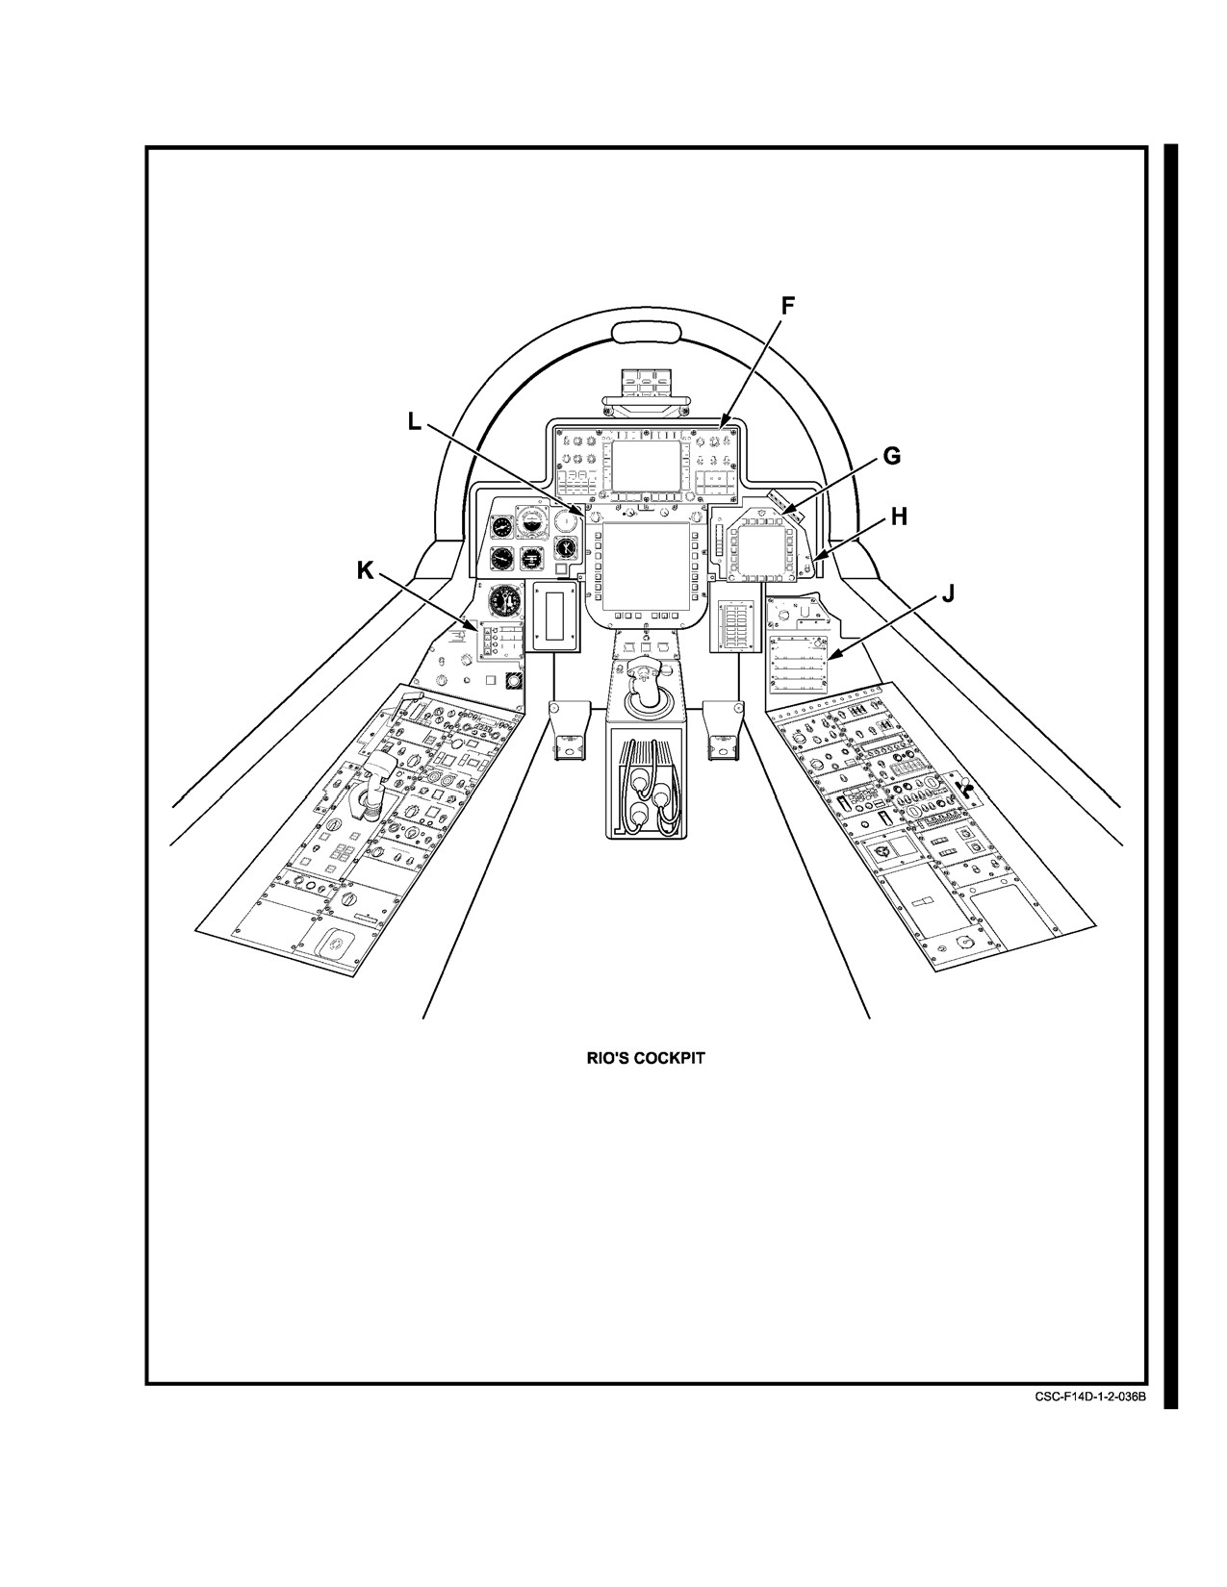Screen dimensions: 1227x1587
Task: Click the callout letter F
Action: click(787, 306)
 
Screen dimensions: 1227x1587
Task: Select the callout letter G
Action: click(891, 457)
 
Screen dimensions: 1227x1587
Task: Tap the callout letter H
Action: click(899, 517)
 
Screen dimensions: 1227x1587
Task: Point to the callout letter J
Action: click(947, 594)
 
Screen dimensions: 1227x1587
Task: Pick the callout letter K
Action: click(366, 571)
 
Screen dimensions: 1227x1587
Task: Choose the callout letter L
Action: click(415, 421)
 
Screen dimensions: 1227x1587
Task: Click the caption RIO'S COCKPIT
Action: click(646, 1058)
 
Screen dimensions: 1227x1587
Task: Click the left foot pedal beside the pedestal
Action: click(570, 730)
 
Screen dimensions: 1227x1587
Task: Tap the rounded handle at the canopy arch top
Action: click(646, 333)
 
